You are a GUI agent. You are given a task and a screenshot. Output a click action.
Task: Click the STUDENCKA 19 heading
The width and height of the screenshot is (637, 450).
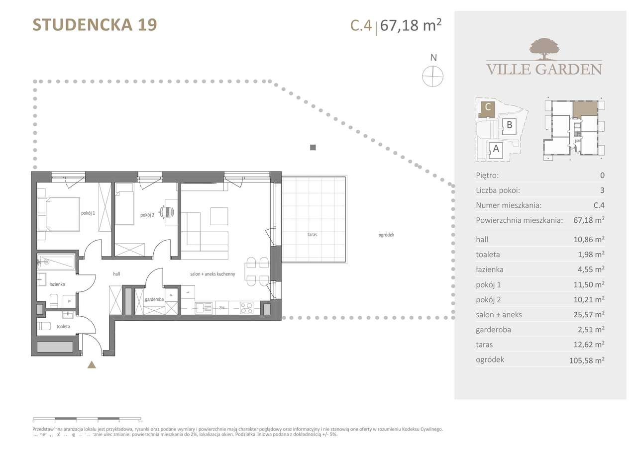point(95,25)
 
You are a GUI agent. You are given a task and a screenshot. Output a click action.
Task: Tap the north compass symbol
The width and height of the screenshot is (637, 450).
point(432,77)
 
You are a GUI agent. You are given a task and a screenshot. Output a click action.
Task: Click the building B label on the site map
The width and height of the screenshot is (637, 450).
point(510,125)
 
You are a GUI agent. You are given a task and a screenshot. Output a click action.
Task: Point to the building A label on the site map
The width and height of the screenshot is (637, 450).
point(495,148)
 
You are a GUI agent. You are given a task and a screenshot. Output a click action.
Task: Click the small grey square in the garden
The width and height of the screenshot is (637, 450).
point(313,147)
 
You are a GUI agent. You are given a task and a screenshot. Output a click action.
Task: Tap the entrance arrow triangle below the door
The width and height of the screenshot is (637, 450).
point(92,365)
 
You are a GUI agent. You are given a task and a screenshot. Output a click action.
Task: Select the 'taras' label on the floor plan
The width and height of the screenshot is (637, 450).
point(312,234)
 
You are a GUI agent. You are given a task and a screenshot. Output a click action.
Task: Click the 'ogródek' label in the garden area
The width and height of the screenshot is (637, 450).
point(386,235)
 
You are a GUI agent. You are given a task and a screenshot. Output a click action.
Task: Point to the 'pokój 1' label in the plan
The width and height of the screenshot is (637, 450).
point(88,213)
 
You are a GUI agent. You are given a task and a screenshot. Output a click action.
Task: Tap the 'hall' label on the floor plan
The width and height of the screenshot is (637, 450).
point(116,274)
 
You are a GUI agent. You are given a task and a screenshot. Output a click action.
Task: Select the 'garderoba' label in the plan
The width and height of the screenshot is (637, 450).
point(152,300)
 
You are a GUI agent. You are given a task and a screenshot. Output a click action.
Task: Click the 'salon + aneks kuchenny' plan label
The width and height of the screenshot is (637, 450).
point(212,274)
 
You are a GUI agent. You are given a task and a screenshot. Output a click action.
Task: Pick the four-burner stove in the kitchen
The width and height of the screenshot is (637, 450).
point(246,308)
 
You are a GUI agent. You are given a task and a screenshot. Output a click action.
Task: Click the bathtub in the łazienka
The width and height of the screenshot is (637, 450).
point(56,262)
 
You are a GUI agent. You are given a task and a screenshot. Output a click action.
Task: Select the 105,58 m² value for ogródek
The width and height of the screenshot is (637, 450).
point(587,360)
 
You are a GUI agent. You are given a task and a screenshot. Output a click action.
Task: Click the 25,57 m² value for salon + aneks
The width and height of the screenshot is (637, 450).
point(589,315)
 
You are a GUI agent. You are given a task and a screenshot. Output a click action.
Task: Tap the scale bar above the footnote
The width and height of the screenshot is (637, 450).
point(88,420)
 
